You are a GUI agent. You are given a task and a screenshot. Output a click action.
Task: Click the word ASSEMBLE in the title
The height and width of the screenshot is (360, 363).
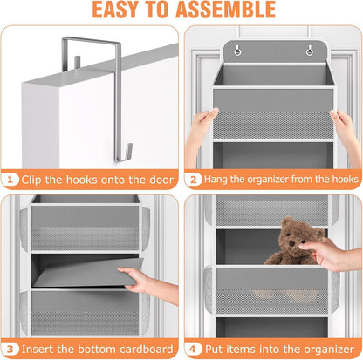pyautogui.click(x=225, y=10)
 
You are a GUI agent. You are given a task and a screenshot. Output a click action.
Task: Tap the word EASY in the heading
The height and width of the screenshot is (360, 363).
pyautogui.click(x=115, y=10)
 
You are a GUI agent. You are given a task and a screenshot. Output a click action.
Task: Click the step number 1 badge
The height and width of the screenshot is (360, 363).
pyautogui.click(x=10, y=180)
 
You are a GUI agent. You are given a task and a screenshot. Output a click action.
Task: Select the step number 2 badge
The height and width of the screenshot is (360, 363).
pyautogui.click(x=193, y=180)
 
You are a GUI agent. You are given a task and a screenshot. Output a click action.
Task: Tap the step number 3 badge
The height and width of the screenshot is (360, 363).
pyautogui.click(x=10, y=349)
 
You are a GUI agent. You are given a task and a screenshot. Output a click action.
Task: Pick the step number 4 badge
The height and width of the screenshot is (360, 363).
pyautogui.click(x=193, y=349)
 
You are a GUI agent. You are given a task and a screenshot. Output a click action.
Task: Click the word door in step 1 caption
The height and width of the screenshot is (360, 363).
pyautogui.click(x=161, y=180)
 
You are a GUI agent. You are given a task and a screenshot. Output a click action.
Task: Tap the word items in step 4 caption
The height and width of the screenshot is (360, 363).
pyautogui.click(x=236, y=349)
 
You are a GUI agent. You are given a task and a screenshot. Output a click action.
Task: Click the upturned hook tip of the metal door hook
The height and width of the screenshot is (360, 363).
pyautogui.click(x=129, y=149)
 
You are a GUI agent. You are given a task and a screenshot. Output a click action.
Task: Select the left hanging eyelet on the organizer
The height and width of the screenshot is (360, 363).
pyautogui.click(x=238, y=51)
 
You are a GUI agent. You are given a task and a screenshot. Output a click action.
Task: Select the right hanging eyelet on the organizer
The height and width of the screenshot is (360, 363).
pyautogui.click(x=310, y=51)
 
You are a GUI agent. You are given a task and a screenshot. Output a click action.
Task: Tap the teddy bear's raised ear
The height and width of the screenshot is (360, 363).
pyautogui.click(x=287, y=221)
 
